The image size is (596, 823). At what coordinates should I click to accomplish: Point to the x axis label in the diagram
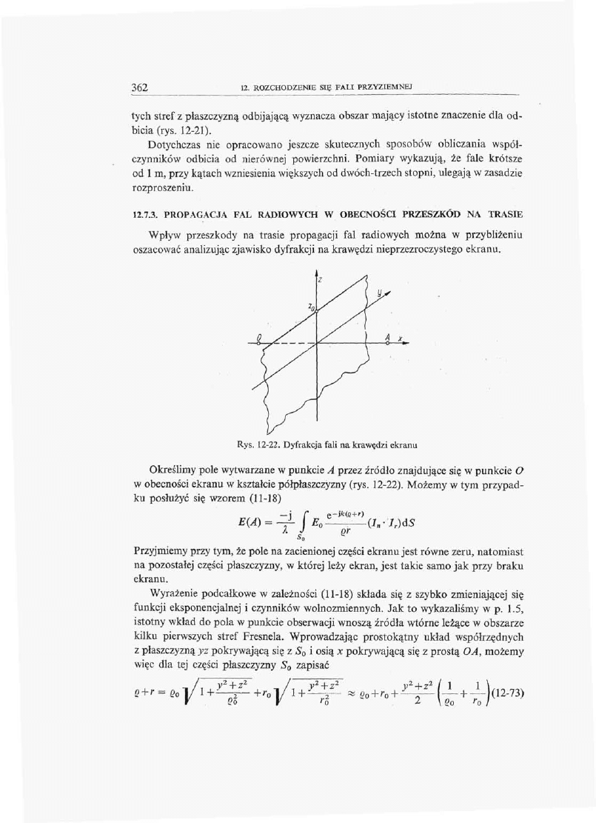[400, 339]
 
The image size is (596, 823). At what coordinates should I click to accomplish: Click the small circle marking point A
[385, 344]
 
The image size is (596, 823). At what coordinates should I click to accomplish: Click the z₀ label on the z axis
[312, 306]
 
